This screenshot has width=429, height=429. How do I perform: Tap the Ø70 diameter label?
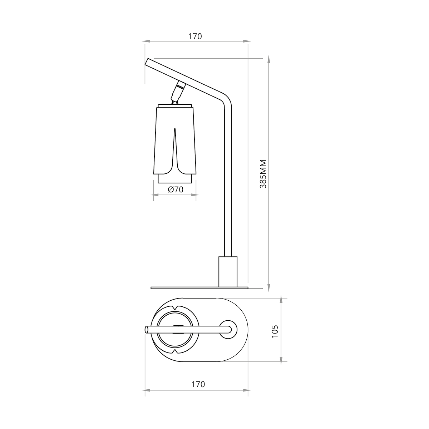(x=176, y=189)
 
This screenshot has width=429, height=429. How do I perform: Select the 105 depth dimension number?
(x=275, y=331)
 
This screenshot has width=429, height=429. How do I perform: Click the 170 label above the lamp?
(x=195, y=36)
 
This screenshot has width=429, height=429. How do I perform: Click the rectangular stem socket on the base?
(x=228, y=272)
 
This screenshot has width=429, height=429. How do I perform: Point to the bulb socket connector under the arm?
(x=178, y=93)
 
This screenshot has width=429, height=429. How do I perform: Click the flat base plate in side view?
(x=199, y=288)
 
